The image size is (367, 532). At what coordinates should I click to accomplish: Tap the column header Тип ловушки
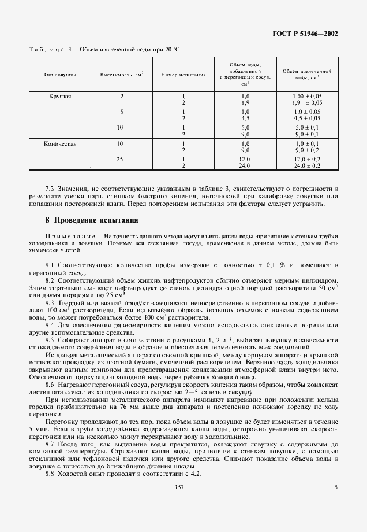[60, 75]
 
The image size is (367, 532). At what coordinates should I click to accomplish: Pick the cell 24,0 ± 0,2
[307, 165]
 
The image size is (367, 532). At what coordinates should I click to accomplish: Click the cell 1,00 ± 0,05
[307, 96]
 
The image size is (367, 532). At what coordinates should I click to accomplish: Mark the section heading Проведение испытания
[95, 220]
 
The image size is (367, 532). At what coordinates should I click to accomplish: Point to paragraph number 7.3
[50, 189]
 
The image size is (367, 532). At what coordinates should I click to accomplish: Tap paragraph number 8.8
[50, 474]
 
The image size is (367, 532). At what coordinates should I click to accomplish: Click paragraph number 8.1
[50, 264]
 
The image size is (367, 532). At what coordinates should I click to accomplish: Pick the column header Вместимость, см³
[122, 75]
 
